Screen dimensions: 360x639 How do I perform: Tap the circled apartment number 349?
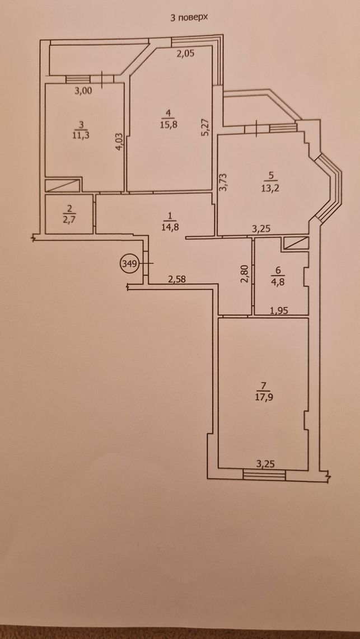pyautogui.click(x=128, y=263)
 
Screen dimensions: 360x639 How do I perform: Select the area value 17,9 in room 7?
pyautogui.click(x=263, y=395)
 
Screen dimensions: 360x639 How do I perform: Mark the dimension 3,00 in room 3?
pyautogui.click(x=83, y=91)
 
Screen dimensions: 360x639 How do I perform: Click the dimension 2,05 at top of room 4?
pyautogui.click(x=185, y=53)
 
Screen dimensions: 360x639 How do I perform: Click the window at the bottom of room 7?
pyautogui.click(x=264, y=474)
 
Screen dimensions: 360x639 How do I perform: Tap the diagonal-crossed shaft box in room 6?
pyautogui.click(x=296, y=243)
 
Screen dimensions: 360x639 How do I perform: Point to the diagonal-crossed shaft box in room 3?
pyautogui.click(x=62, y=185)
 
